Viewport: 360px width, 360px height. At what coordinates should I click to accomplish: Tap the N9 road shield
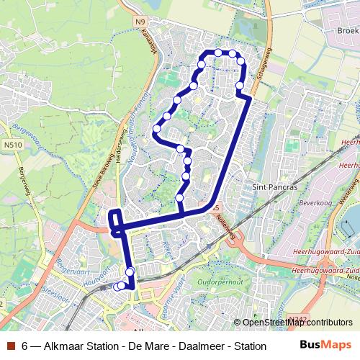(x=140, y=22)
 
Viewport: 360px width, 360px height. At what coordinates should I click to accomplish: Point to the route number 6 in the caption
(x=26, y=346)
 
